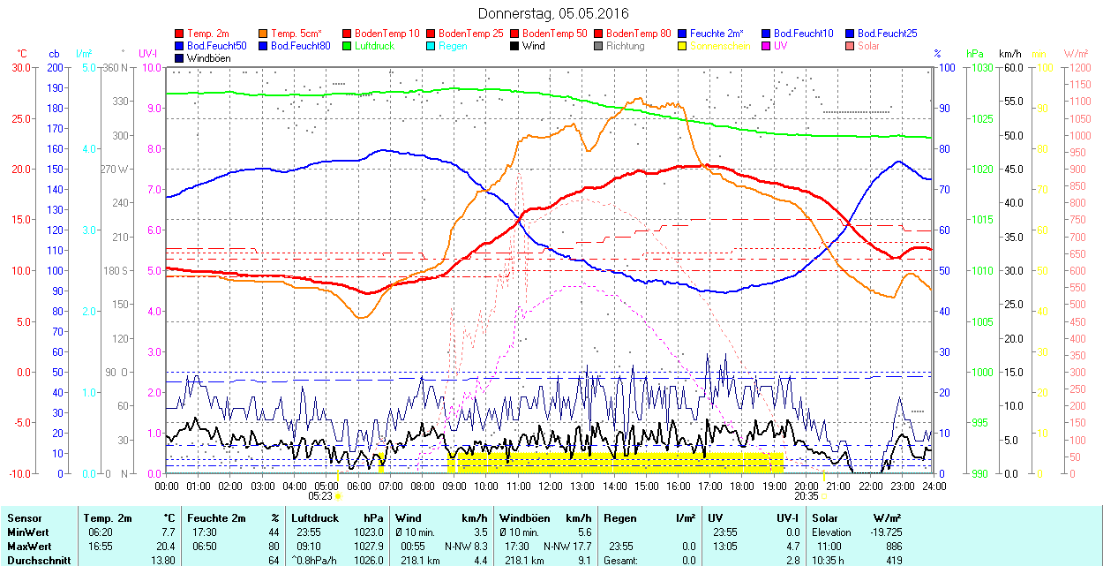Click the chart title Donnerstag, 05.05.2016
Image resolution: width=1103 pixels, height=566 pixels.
point(553,13)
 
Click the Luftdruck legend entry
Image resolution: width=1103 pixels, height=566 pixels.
point(374,45)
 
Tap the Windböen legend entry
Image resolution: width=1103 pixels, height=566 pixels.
point(208,57)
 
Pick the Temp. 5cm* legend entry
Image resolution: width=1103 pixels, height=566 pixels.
point(296,33)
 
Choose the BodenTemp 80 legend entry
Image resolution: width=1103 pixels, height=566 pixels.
point(638,33)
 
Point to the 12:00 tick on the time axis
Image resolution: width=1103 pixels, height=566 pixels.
point(551,485)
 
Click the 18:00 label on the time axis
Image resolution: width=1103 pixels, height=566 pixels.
point(742,485)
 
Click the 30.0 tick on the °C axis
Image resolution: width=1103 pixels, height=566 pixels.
point(19,67)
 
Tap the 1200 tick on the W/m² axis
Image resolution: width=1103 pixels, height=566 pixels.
point(1080,67)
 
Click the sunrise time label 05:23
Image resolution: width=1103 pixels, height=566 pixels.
point(320,496)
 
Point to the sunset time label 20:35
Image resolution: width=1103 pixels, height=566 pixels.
point(807,496)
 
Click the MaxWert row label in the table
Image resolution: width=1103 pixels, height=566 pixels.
point(28,547)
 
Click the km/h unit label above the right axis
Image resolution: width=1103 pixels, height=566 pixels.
point(1010,54)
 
